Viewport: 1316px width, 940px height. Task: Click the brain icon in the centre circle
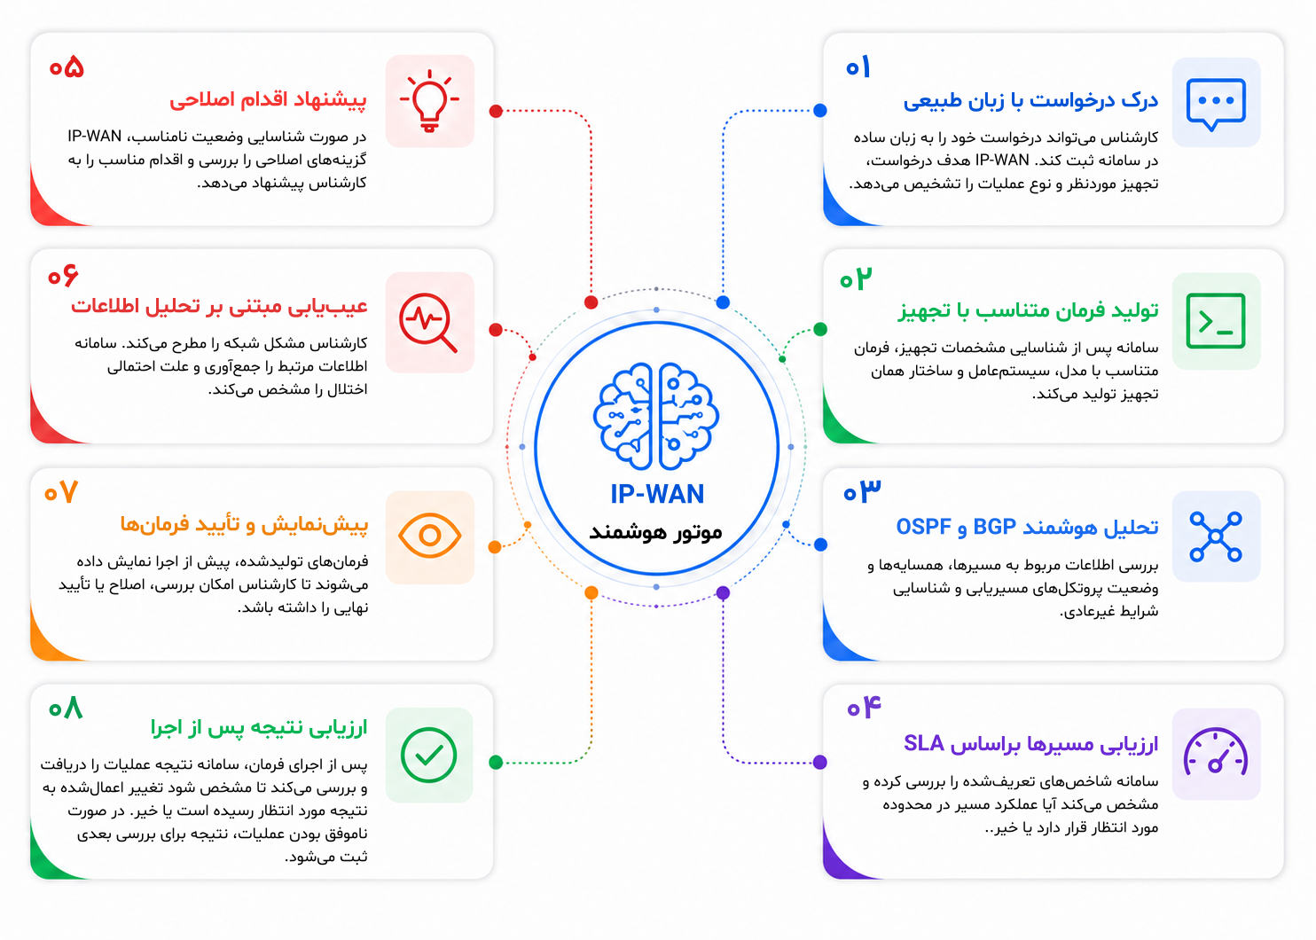pyautogui.click(x=656, y=416)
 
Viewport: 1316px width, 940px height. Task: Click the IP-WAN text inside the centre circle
pyautogui.click(x=657, y=494)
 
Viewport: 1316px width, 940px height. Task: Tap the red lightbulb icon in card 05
pyautogui.click(x=429, y=100)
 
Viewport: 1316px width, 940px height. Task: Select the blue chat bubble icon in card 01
pyautogui.click(x=1216, y=104)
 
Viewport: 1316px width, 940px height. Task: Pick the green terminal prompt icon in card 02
pyautogui.click(x=1216, y=321)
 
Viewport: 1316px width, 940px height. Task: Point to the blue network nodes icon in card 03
pyautogui.click(x=1216, y=537)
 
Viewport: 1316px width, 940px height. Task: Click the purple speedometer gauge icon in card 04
pyautogui.click(x=1216, y=753)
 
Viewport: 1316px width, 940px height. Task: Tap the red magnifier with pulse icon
pyautogui.click(x=428, y=322)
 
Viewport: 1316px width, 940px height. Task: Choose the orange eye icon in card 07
pyautogui.click(x=429, y=536)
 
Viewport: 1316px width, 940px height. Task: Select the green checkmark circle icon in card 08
pyautogui.click(x=429, y=755)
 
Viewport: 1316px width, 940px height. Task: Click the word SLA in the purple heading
pyautogui.click(x=923, y=743)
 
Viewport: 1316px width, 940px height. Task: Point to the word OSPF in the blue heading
pyautogui.click(x=923, y=527)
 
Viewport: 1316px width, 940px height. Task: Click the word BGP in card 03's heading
pyautogui.click(x=995, y=527)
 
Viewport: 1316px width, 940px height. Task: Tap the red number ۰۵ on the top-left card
pyautogui.click(x=67, y=67)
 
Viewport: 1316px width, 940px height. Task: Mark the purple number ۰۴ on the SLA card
pyautogui.click(x=865, y=706)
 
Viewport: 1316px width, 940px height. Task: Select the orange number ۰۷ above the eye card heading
pyautogui.click(x=61, y=492)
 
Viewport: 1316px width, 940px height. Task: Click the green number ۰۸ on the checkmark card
pyautogui.click(x=66, y=708)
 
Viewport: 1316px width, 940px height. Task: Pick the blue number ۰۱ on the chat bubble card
pyautogui.click(x=858, y=67)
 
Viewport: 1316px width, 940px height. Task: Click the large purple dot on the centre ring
pyautogui.click(x=724, y=592)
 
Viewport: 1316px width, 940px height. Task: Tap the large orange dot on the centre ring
pyautogui.click(x=591, y=592)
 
